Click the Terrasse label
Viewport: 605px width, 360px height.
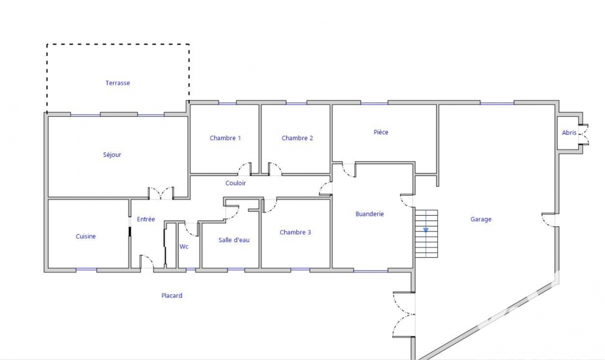click(x=118, y=83)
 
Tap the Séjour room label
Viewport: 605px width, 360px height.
click(x=112, y=155)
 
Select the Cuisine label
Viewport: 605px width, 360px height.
click(x=86, y=236)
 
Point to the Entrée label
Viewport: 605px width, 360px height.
click(x=146, y=219)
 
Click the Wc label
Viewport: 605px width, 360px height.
click(x=184, y=247)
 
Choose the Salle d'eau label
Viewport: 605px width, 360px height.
click(x=234, y=240)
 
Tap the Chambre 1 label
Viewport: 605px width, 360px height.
click(x=225, y=138)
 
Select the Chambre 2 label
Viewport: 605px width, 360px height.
click(x=297, y=138)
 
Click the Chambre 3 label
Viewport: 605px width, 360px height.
click(x=295, y=232)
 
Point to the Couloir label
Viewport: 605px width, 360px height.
click(x=236, y=183)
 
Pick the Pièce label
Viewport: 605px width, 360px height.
click(x=381, y=132)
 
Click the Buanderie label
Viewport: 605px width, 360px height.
click(x=370, y=214)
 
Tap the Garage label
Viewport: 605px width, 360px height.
click(x=481, y=219)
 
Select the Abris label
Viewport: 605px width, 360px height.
click(x=569, y=133)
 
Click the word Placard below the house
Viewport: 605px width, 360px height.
click(x=172, y=296)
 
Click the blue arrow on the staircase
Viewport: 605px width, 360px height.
click(x=426, y=230)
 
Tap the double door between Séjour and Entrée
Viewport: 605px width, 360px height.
click(x=161, y=193)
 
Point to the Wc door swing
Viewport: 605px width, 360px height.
click(x=191, y=229)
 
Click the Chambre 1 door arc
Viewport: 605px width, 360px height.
click(x=245, y=169)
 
